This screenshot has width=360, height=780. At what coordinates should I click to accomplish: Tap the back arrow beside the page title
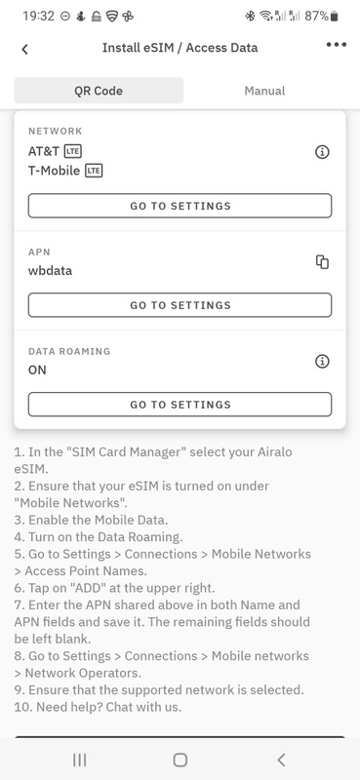[25, 49]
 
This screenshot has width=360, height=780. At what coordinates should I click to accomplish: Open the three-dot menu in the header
[337, 45]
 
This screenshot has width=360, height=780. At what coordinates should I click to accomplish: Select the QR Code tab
[99, 91]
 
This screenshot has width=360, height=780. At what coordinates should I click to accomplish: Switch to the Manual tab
[264, 91]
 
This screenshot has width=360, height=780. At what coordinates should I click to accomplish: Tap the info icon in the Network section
[323, 152]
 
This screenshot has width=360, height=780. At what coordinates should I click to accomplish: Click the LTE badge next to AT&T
[73, 151]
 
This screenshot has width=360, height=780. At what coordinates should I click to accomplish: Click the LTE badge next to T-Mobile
[94, 171]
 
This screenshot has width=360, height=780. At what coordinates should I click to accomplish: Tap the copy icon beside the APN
[323, 261]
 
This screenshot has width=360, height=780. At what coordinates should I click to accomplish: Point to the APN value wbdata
[51, 271]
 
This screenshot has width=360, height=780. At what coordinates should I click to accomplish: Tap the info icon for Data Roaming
[323, 361]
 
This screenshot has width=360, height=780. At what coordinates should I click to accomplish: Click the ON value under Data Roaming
[37, 370]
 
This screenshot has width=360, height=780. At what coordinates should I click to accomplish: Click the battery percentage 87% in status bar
[317, 16]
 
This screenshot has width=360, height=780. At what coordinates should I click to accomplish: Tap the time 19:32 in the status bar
[38, 16]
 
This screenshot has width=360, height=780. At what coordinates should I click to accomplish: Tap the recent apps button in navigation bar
[80, 760]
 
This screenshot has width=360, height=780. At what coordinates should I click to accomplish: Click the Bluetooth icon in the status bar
[250, 17]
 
